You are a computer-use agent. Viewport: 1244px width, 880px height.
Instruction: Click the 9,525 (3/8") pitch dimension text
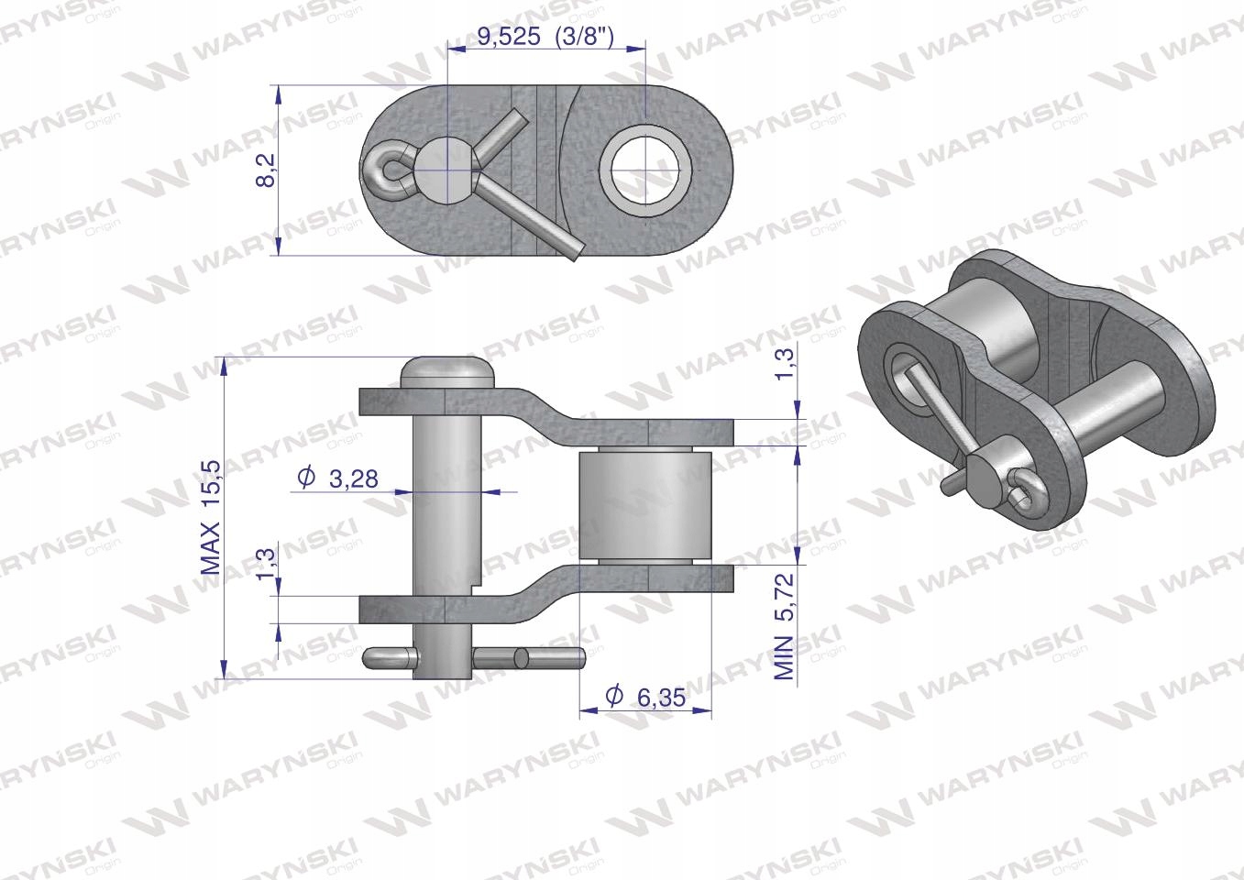coord(545,37)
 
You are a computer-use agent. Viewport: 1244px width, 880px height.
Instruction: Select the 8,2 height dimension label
coord(267,170)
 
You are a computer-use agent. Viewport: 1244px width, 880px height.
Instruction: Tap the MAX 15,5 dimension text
coord(210,517)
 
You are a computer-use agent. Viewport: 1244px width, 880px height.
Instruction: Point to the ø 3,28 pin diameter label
coord(337,478)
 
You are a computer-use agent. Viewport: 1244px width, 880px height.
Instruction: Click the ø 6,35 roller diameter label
coord(645,697)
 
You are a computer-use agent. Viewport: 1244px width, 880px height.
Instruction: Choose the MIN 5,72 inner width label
coord(785,626)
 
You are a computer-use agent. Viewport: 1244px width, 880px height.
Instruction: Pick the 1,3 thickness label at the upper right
coord(785,364)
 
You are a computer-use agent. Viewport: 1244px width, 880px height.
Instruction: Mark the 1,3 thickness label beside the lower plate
coord(266,563)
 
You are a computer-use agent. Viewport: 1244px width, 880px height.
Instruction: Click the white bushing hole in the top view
coord(646,170)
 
